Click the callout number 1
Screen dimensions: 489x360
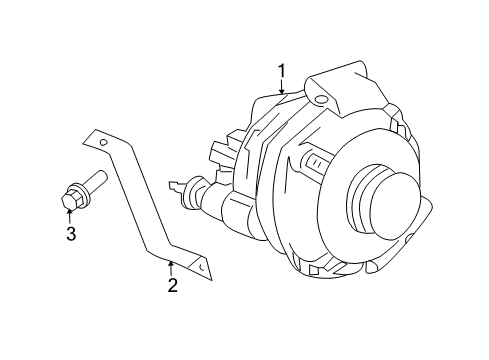point(282,71)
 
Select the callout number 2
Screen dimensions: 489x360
point(172,286)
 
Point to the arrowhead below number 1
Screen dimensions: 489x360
point(282,92)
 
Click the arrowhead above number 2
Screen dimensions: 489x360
point(172,265)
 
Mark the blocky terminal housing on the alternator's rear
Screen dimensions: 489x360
point(224,155)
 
